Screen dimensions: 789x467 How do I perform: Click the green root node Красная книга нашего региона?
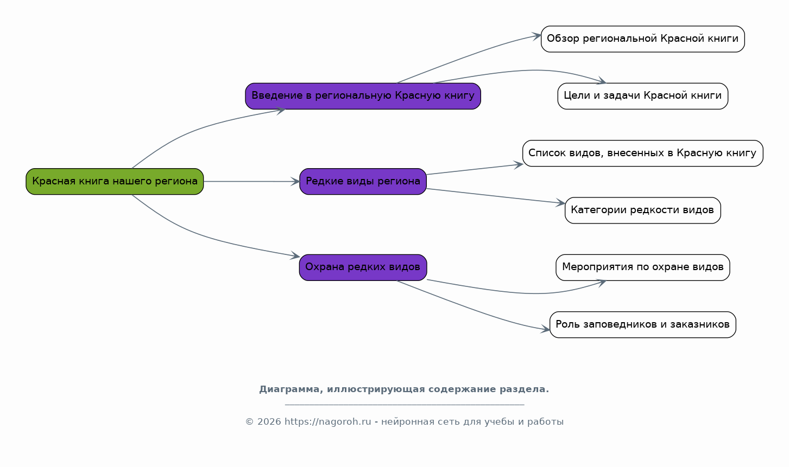point(115,181)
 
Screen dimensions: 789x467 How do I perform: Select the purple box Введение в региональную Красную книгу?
point(363,96)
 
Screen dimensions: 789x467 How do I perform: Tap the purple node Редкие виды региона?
point(363,181)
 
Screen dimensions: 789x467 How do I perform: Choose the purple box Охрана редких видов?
point(363,267)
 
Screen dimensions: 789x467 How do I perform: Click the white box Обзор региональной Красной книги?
point(642,39)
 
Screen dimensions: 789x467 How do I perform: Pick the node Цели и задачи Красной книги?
point(642,96)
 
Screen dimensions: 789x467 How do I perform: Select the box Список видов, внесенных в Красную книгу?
point(642,153)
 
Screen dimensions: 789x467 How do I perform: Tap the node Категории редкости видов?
point(642,210)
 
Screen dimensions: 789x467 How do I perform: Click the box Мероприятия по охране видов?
point(642,267)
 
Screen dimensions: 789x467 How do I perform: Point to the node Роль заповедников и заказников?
point(642,324)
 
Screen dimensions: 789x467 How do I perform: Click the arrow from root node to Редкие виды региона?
point(251,181)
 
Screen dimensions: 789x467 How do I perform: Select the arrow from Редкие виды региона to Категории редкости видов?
point(496,196)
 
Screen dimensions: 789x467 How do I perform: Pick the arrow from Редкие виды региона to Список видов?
point(475,169)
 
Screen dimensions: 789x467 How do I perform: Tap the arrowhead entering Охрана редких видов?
point(295,256)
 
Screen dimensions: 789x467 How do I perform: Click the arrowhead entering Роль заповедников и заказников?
point(545,329)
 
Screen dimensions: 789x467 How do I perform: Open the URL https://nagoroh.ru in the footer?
point(327,421)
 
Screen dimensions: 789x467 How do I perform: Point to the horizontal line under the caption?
point(405,405)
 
